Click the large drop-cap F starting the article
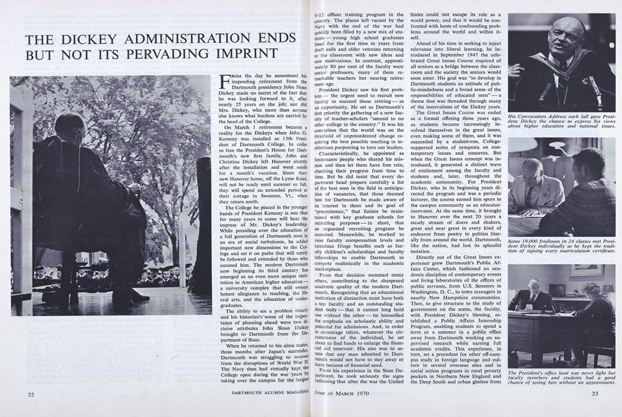(x=223, y=84)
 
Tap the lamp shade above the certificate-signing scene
(x=556, y=145)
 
